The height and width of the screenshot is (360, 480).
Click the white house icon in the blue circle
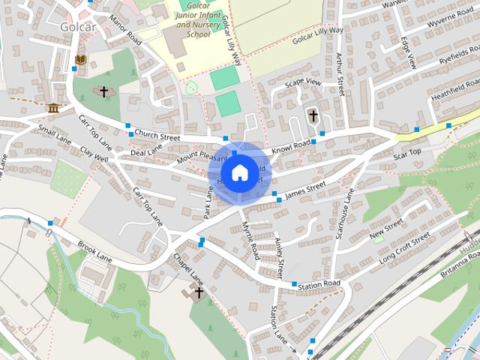(239, 173)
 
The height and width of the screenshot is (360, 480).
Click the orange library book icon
(81, 59)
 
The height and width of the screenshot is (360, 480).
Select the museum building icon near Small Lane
(53, 109)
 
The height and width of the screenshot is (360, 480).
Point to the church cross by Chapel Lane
(199, 292)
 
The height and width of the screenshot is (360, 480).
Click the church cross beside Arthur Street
(313, 116)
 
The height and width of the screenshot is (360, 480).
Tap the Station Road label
(319, 283)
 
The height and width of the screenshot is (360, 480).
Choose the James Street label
(305, 187)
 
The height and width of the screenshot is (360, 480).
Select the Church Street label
(157, 137)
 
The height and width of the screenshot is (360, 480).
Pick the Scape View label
(302, 82)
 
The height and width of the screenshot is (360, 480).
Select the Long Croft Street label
(404, 247)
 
